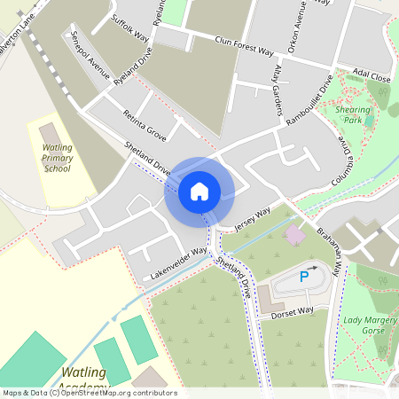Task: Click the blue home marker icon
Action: click(x=199, y=191)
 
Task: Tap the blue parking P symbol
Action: click(x=304, y=277)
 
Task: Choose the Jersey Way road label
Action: click(x=252, y=220)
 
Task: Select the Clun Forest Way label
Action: click(x=244, y=45)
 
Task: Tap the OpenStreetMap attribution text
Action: click(x=89, y=393)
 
